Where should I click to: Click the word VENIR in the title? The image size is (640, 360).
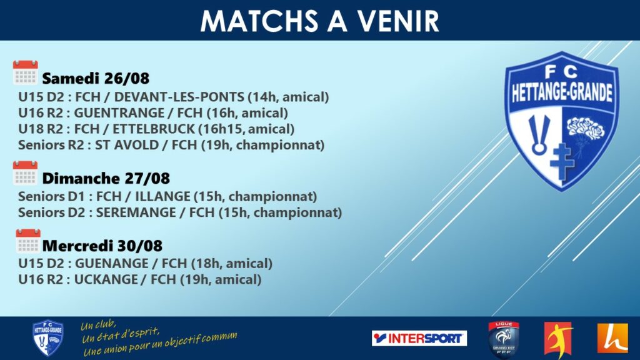coord(398,21)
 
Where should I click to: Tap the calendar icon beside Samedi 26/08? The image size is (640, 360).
coord(25,72)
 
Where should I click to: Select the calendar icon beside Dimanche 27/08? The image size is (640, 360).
coord(25,173)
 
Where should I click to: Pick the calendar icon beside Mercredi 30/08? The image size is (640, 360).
coord(28,241)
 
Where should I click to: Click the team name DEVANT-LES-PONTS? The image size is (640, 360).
coord(179,97)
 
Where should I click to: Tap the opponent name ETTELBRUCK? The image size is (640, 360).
coord(154,129)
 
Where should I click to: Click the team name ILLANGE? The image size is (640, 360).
coord(163,196)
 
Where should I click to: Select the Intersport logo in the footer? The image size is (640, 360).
coord(419,338)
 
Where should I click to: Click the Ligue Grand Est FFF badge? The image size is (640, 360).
coord(504,339)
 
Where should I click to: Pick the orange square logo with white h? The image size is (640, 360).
coord(612,338)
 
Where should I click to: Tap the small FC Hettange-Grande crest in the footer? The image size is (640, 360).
coord(47,337)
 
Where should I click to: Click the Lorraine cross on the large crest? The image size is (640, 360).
coord(562,161)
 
